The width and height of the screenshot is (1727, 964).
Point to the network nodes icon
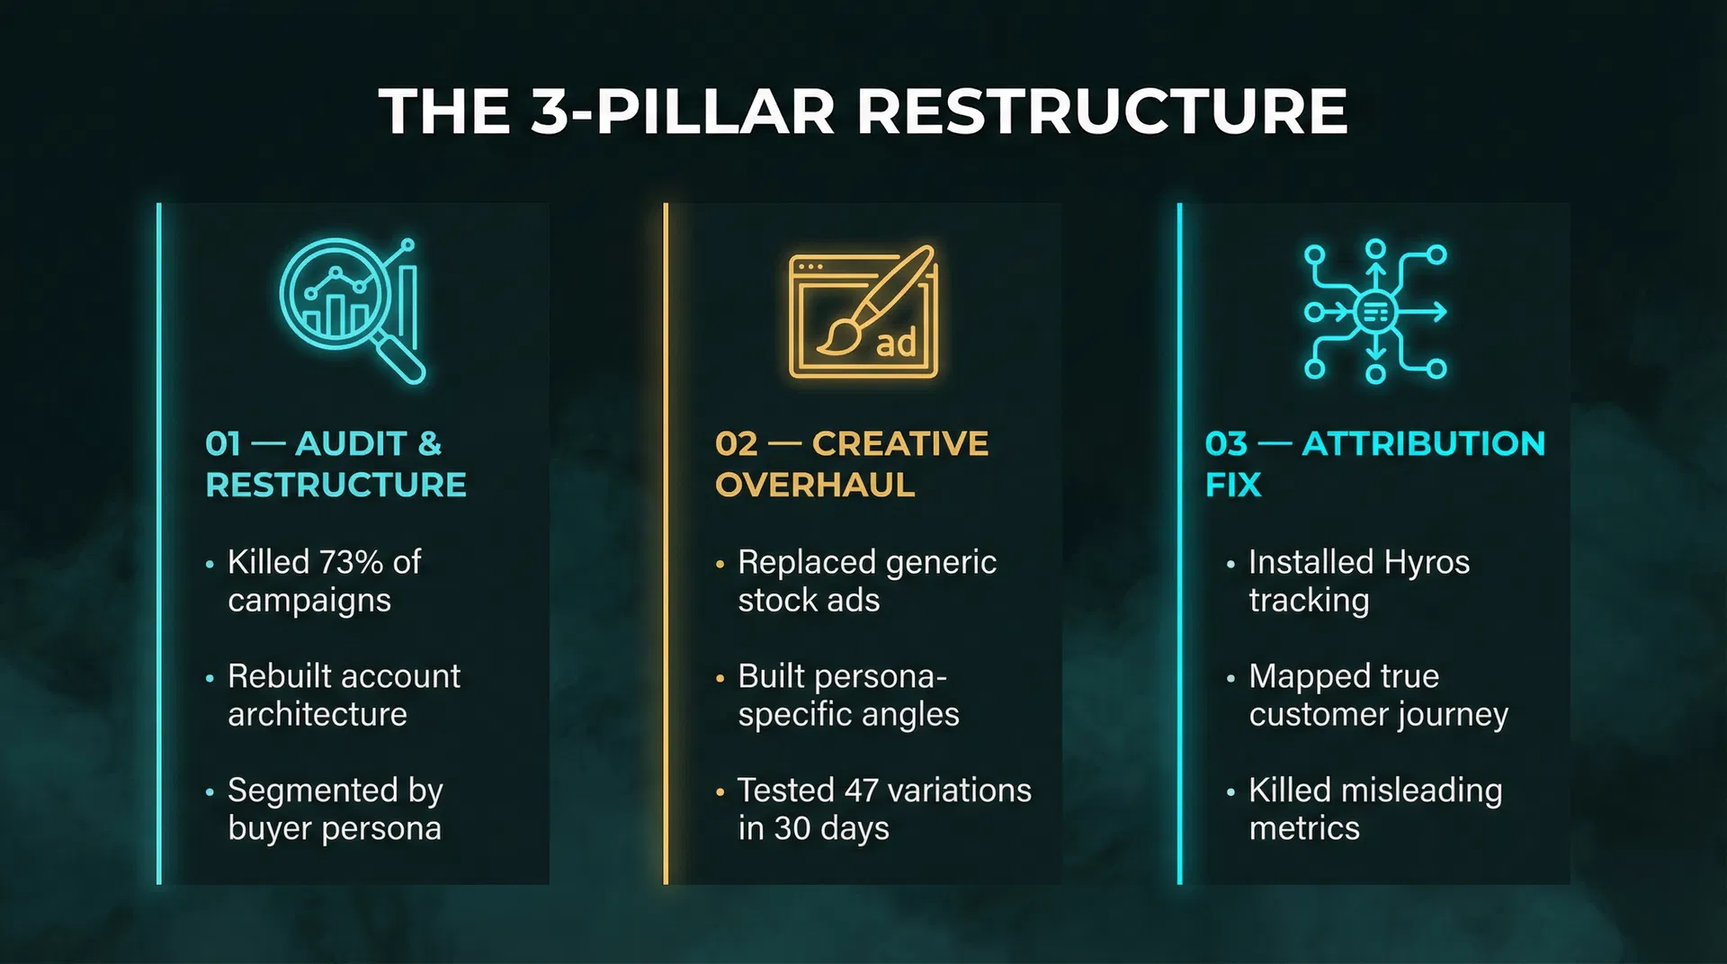pyautogui.click(x=1375, y=312)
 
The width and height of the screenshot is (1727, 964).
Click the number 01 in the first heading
pyautogui.click(x=223, y=443)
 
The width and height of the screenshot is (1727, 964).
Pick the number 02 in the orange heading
pyautogui.click(x=737, y=443)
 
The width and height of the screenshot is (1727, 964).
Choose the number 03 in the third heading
pyautogui.click(x=1227, y=443)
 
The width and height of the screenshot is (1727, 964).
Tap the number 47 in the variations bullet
pyautogui.click(x=861, y=790)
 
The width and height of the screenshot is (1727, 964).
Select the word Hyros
pyautogui.click(x=1427, y=562)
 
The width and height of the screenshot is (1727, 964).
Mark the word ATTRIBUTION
pyautogui.click(x=1424, y=443)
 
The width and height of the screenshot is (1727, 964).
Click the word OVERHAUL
pyautogui.click(x=815, y=485)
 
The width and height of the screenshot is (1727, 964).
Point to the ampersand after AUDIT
pyautogui.click(x=430, y=443)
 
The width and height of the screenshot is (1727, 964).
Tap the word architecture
pyautogui.click(x=318, y=714)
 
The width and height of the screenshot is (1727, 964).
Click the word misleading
pyautogui.click(x=1420, y=790)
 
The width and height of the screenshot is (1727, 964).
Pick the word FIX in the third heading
pyautogui.click(x=1233, y=485)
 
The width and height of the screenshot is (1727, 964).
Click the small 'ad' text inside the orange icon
pyautogui.click(x=896, y=344)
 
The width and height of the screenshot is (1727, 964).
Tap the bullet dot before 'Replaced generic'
pyautogui.click(x=720, y=565)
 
